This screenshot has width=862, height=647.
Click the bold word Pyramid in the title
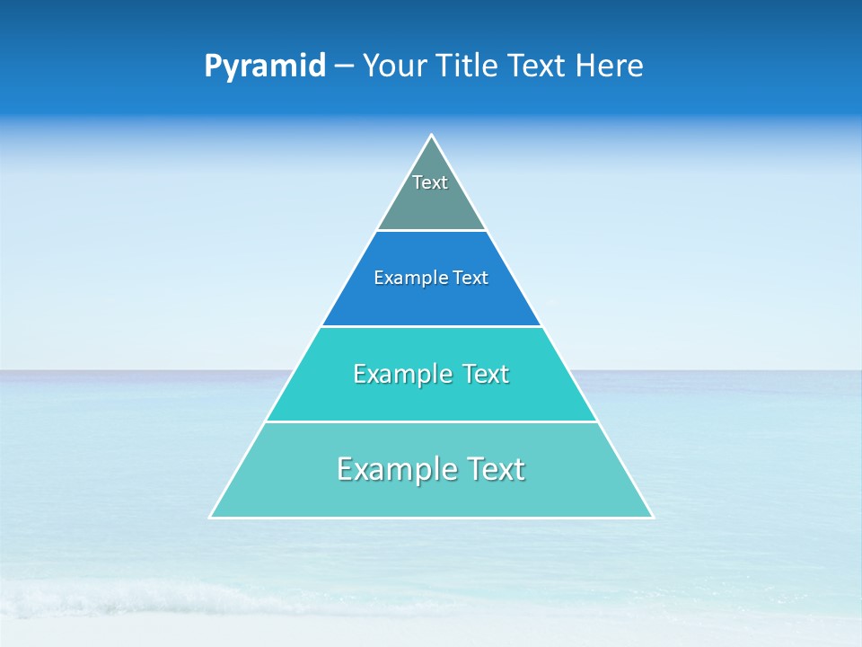pyautogui.click(x=265, y=66)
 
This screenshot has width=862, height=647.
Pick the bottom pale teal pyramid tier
pyautogui.click(x=431, y=495)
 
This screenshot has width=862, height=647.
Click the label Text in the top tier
pyautogui.click(x=430, y=182)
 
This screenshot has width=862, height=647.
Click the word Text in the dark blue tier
pyautogui.click(x=471, y=279)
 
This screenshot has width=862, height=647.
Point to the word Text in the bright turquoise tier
pyautogui.click(x=486, y=374)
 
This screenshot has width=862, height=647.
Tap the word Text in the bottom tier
pyautogui.click(x=495, y=469)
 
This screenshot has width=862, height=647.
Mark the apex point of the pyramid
pyautogui.click(x=432, y=136)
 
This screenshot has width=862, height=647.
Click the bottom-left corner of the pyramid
pyautogui.click(x=211, y=517)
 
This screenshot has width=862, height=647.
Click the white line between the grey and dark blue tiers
pyautogui.click(x=431, y=231)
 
